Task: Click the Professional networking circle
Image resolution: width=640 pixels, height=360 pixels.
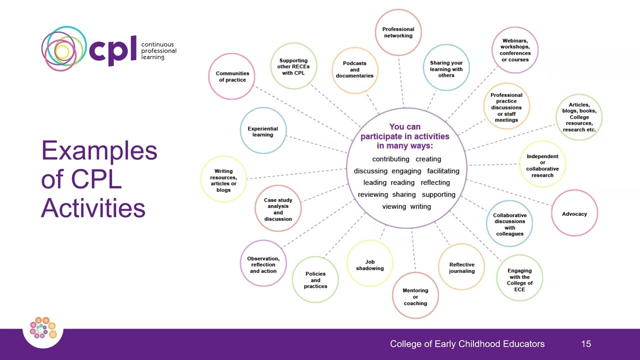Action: (398, 32)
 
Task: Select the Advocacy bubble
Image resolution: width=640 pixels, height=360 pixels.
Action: (574, 213)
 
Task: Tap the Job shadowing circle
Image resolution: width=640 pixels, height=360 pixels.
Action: (370, 264)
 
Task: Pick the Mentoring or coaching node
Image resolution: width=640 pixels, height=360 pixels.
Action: (415, 296)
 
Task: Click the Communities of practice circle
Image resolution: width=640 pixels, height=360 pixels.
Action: (232, 76)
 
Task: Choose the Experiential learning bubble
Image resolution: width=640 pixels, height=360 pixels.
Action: (263, 131)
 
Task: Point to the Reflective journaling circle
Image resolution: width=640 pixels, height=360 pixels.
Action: (461, 267)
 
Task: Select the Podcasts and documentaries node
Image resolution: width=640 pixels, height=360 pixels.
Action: (354, 70)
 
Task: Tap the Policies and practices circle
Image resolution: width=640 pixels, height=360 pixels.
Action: (315, 280)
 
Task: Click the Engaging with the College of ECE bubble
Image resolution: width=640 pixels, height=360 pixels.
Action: (520, 277)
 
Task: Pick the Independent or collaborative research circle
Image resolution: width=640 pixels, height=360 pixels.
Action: (542, 164)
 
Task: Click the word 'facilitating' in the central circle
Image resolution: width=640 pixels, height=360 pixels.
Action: (443, 171)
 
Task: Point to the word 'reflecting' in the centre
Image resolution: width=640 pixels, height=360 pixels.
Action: (435, 182)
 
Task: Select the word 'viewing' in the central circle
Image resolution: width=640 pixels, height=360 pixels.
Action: (394, 206)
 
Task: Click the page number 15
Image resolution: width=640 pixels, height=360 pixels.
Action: (586, 344)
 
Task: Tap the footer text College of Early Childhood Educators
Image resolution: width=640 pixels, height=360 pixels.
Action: (467, 344)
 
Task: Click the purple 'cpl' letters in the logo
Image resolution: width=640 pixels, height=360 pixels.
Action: (112, 49)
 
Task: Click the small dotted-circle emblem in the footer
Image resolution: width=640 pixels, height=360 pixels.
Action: (43, 328)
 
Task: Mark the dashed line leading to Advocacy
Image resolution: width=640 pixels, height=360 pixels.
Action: (510, 192)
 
